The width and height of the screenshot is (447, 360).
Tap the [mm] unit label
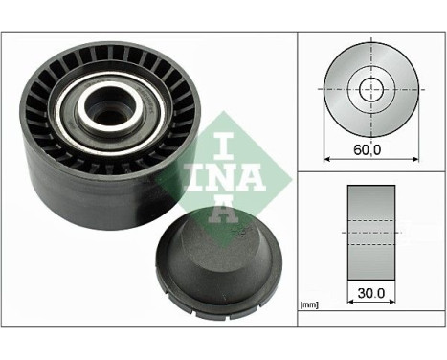coord(309,304)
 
